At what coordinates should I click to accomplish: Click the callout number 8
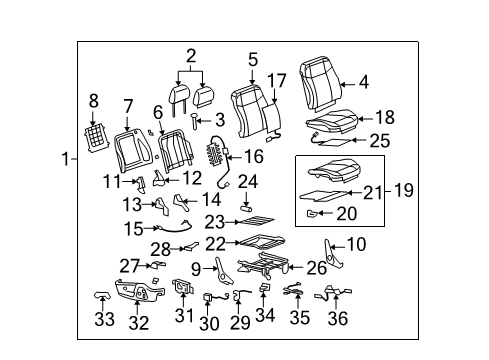[94, 100]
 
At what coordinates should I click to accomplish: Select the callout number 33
[104, 320]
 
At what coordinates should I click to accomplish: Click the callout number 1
[64, 159]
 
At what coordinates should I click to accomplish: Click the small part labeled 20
[312, 214]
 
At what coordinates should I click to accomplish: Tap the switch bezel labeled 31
[183, 290]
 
